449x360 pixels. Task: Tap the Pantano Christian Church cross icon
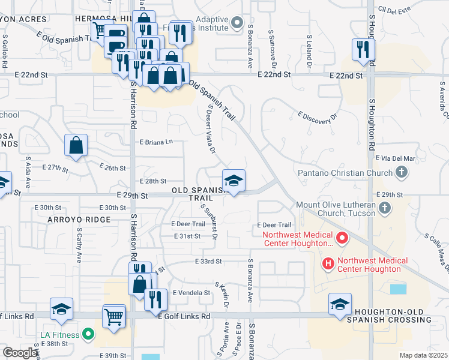coord(402,173)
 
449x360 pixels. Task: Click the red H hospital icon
coord(328,263)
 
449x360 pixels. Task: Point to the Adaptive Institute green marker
coord(237,24)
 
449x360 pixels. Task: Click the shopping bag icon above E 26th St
coord(76,145)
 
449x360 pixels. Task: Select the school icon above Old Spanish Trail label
coord(234,180)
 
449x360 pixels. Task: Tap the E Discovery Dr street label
coord(318,118)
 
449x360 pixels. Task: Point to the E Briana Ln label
coord(156,142)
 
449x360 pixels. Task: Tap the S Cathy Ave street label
coord(79,244)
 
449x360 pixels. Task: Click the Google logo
coord(20,353)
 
